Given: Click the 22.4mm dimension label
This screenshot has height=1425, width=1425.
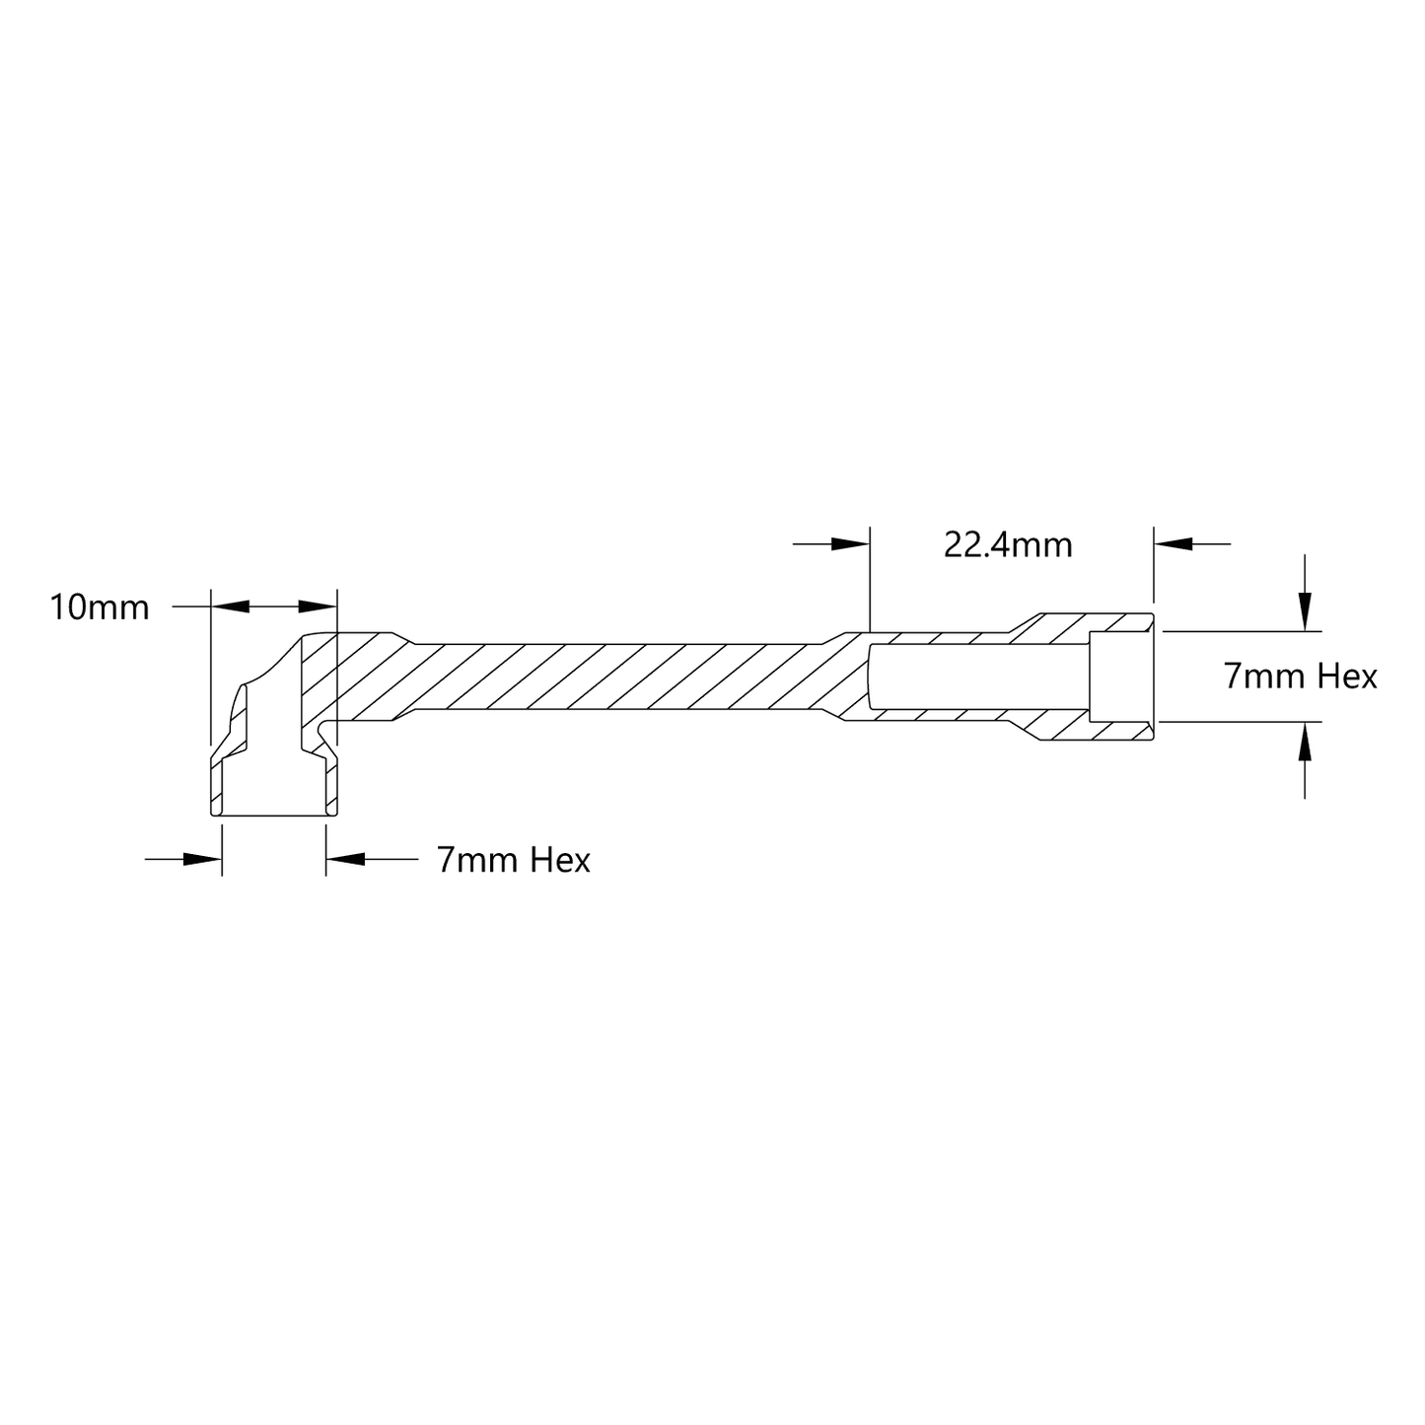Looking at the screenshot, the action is point(1007,546).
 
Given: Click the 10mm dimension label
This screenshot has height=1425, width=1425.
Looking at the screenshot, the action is point(100,607).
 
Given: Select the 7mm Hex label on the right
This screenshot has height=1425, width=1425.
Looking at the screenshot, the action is point(1300,677).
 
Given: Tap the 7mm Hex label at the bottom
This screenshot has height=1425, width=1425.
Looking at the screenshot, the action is point(513,860).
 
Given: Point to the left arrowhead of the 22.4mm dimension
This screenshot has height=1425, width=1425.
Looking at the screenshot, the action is point(850,544).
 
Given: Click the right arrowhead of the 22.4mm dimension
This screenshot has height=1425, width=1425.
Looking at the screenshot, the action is point(1173,544).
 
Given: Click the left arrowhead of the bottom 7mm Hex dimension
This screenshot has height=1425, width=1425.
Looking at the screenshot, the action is point(202,859).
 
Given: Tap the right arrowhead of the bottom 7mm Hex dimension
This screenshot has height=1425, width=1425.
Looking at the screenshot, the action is point(345,859).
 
